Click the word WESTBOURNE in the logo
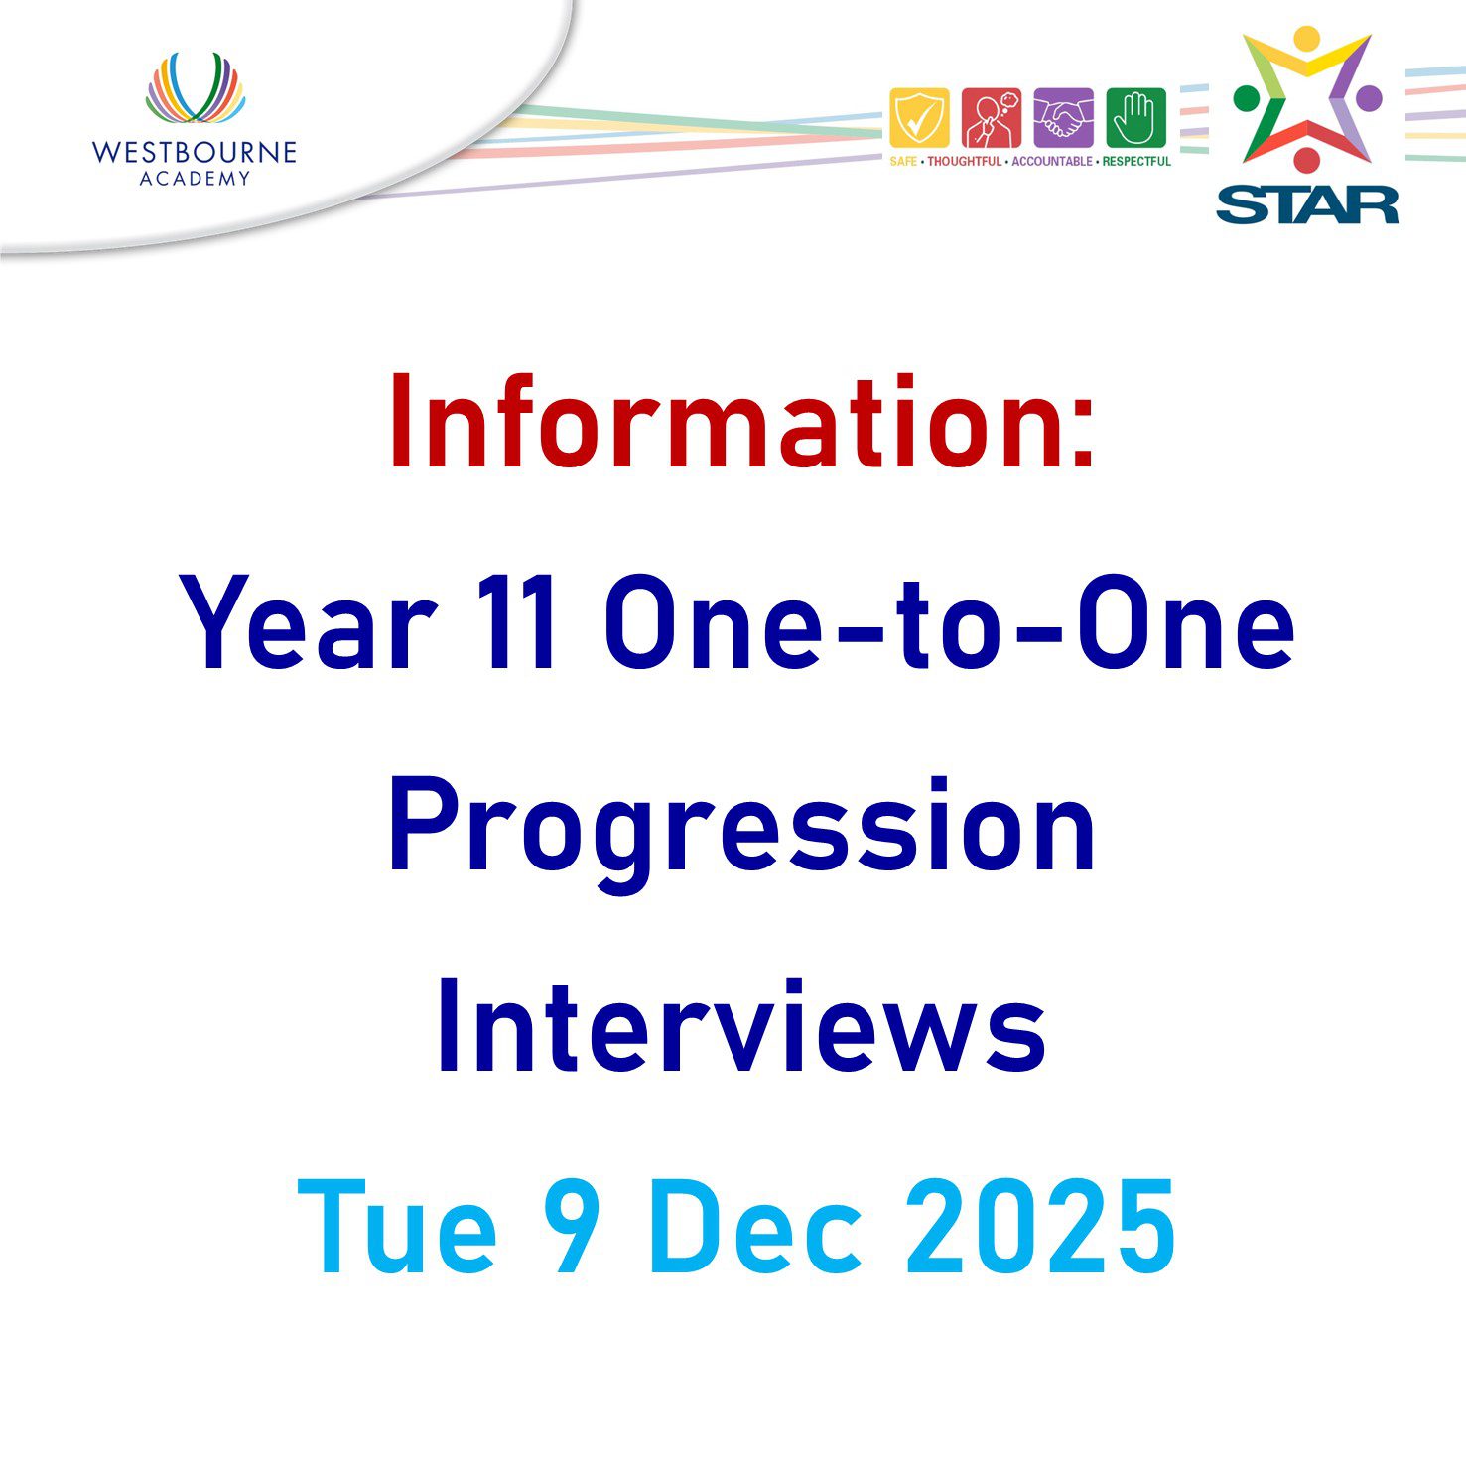click(195, 152)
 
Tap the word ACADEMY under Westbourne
click(195, 179)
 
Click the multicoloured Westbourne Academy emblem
click(195, 87)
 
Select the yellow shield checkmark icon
click(919, 118)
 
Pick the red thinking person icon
click(992, 118)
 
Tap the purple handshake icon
click(1064, 118)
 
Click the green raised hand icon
click(1135, 118)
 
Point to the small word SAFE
click(903, 161)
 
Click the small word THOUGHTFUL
click(965, 161)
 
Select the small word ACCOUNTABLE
click(1052, 161)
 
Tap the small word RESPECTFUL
click(1136, 161)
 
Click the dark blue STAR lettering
click(1307, 204)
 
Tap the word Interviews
click(741, 1025)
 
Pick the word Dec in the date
click(755, 1227)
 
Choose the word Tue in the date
click(397, 1227)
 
